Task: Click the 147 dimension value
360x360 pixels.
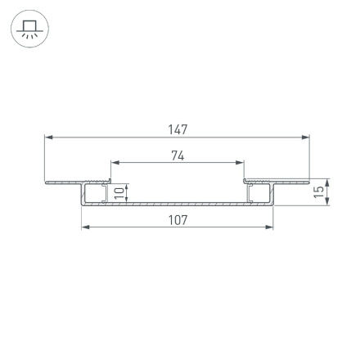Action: (x=178, y=130)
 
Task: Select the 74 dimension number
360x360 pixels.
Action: (x=178, y=155)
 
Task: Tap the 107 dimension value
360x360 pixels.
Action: (x=178, y=219)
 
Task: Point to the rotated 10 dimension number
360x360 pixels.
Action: (x=119, y=192)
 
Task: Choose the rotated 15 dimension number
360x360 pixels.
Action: (x=318, y=191)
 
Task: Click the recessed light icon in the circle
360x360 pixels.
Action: (x=29, y=29)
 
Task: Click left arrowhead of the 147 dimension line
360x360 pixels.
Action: (x=48, y=137)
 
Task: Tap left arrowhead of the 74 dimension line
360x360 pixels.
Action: (x=115, y=163)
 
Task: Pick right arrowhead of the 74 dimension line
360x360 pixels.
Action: (x=241, y=163)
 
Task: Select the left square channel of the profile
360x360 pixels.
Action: (x=95, y=193)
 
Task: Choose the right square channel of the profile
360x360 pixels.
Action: (x=260, y=193)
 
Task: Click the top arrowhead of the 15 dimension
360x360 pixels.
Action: (x=327, y=181)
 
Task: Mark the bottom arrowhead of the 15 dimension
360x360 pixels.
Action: (x=327, y=201)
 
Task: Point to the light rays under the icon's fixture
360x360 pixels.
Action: (x=29, y=37)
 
